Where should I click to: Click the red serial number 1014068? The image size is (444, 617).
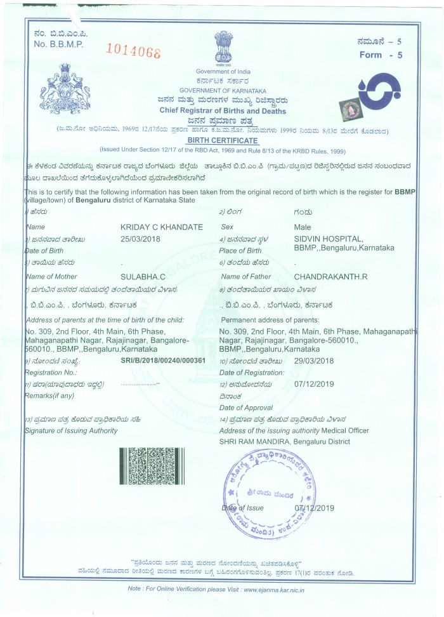click(133, 51)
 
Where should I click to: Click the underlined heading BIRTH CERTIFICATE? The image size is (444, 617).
click(222, 140)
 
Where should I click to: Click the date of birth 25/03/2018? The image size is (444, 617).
click(141, 239)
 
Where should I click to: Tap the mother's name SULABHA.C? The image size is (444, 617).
click(141, 276)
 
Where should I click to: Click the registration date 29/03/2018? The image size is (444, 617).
click(314, 361)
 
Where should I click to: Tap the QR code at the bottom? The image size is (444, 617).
click(152, 466)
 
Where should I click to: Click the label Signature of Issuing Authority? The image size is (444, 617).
click(70, 431)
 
